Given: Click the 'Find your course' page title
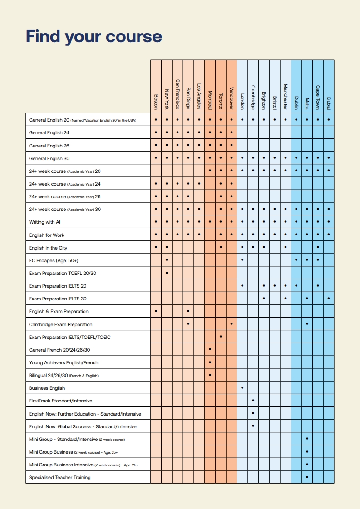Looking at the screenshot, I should pos(94,36).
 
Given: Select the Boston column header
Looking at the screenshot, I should pos(156,102).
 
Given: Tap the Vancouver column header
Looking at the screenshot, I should pos(231,98).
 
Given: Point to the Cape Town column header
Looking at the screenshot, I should pos(318,98).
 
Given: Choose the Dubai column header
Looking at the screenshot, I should pos(329,103).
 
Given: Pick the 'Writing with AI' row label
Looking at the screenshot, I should pos(44,222).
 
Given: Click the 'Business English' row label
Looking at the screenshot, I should pos(47,388).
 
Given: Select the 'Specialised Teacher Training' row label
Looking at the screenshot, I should pos(59,477).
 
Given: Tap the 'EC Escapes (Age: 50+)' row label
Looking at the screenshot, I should pos(54,260).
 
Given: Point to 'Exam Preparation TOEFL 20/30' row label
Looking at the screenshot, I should pos(62,273).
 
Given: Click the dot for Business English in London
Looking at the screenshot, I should pos(242,388).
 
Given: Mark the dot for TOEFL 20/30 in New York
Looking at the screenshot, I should pos(167,273).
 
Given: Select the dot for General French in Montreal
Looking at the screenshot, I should pos(210,350).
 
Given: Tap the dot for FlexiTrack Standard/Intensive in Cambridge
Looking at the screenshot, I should pos(253,401).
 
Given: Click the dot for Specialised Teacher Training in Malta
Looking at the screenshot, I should pos(307,477).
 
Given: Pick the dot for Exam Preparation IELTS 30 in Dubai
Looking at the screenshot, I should pos(329,299).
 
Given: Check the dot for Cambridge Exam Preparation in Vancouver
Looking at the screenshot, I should pos(232,324).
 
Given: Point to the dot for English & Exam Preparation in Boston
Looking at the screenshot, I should pos(156,311).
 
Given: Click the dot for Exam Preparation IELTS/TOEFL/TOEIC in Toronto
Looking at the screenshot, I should pos(221,337).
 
